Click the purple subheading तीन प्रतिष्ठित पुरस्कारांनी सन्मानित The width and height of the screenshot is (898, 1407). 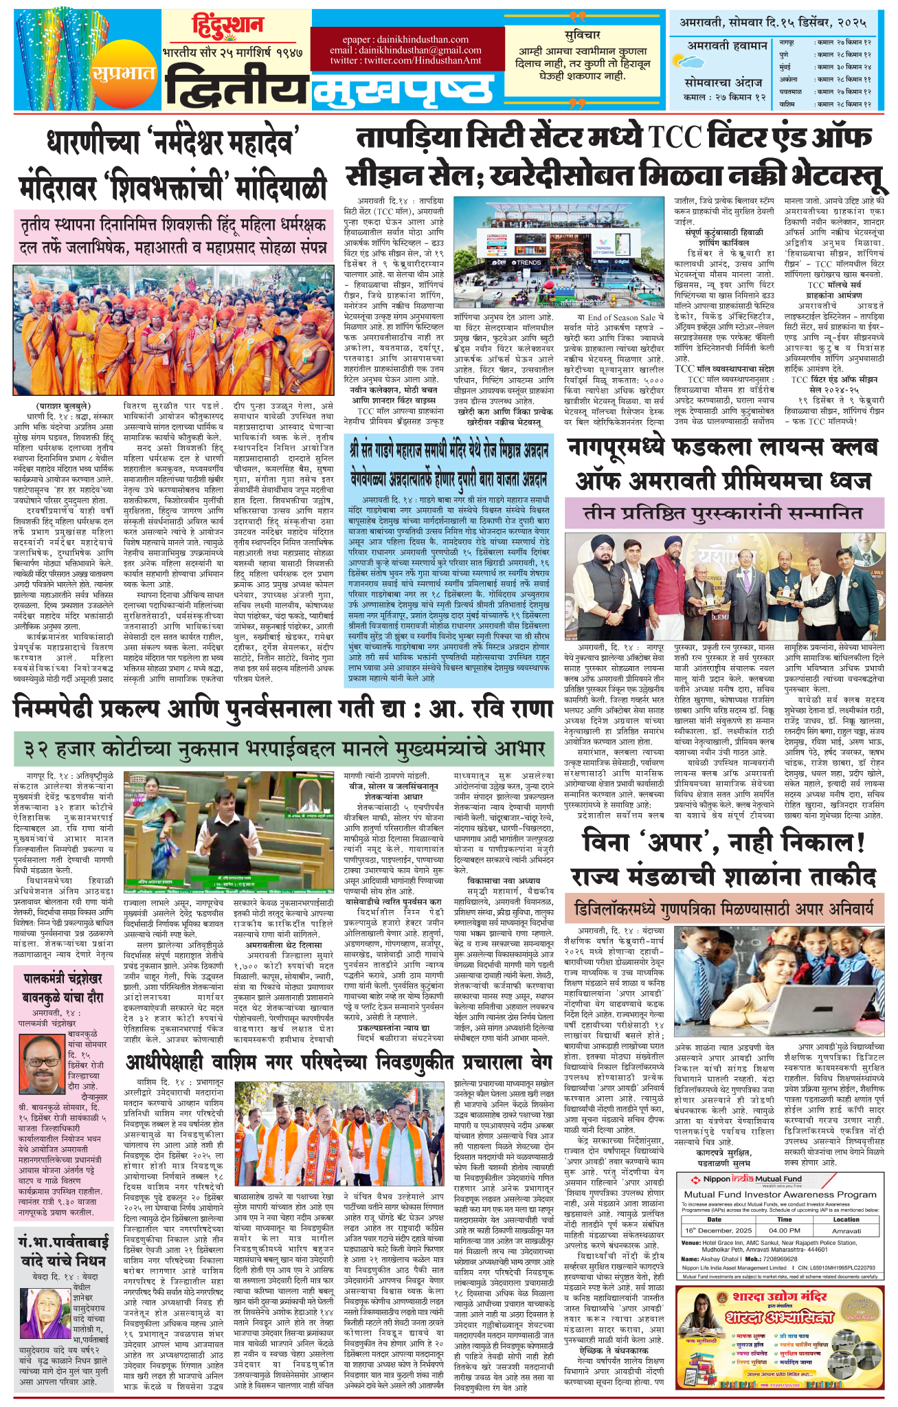(723, 513)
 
